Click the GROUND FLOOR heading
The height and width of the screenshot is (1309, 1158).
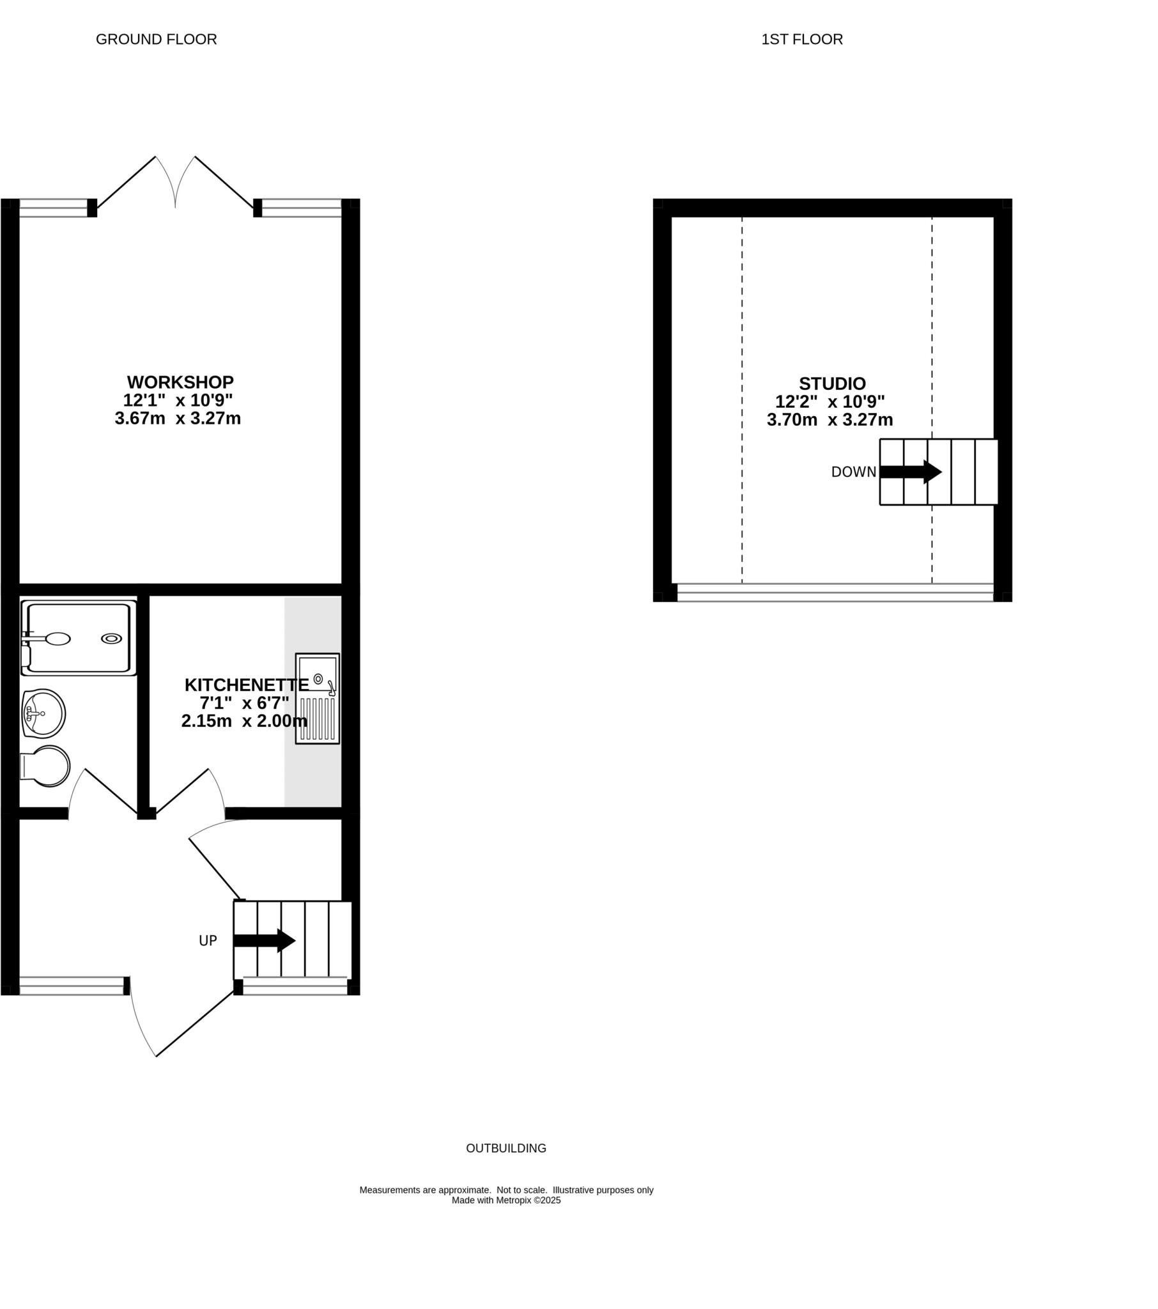(x=157, y=40)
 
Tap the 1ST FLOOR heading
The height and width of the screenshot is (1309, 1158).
(x=802, y=40)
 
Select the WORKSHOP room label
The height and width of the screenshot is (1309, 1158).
(x=180, y=382)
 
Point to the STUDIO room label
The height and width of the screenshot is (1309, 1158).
(x=832, y=383)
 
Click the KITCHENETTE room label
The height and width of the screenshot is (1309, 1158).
(x=246, y=685)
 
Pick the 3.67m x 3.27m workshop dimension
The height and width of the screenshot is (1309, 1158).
(x=178, y=419)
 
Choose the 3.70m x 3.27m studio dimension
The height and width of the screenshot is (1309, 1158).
(x=830, y=420)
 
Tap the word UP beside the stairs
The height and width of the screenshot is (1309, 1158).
(x=208, y=941)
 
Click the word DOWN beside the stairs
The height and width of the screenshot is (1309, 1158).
(x=853, y=472)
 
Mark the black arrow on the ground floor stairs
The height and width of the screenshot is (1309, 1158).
(x=265, y=941)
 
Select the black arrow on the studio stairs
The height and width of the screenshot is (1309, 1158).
(x=910, y=472)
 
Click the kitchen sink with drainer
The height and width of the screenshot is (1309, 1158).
(x=317, y=698)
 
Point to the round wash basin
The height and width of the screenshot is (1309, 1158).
(x=43, y=713)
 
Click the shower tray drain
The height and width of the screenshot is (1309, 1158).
(x=111, y=639)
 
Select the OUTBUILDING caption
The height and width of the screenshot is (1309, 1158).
(x=506, y=1149)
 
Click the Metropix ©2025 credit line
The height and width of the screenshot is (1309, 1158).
(x=506, y=1200)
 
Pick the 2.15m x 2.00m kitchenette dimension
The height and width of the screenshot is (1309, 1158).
(x=244, y=721)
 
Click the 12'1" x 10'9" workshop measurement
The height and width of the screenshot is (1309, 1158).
(x=178, y=400)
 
